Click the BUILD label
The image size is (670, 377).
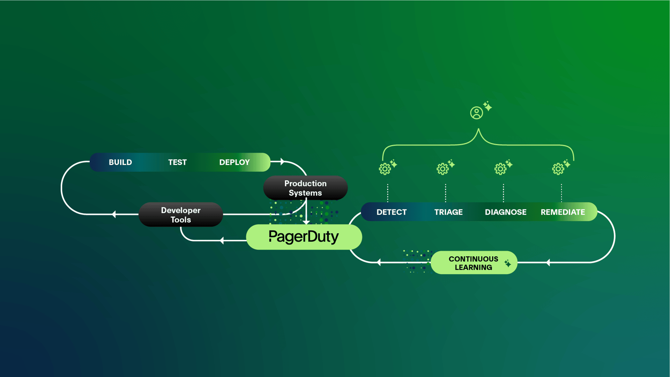point(120,162)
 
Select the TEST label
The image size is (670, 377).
point(177,162)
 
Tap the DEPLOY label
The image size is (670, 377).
point(234,162)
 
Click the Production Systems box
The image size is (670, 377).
point(305,188)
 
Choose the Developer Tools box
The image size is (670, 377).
point(181,215)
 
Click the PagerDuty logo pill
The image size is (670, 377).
point(304,237)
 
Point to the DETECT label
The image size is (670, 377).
point(392,212)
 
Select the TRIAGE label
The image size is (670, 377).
point(448,212)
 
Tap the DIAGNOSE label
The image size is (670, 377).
point(506,212)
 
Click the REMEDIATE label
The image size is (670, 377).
point(563,212)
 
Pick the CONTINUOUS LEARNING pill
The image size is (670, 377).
point(474,263)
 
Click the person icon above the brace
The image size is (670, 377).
point(476,113)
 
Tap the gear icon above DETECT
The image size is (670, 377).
point(385,169)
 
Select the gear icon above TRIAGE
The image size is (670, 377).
point(442,169)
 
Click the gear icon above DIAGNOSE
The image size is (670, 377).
point(500,169)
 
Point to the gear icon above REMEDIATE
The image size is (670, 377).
point(558,169)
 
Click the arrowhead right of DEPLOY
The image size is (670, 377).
point(282,162)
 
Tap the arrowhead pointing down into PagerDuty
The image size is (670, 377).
point(306,222)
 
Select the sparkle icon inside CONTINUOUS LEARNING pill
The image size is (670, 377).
point(508,263)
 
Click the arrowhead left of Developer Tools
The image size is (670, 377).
point(114,214)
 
